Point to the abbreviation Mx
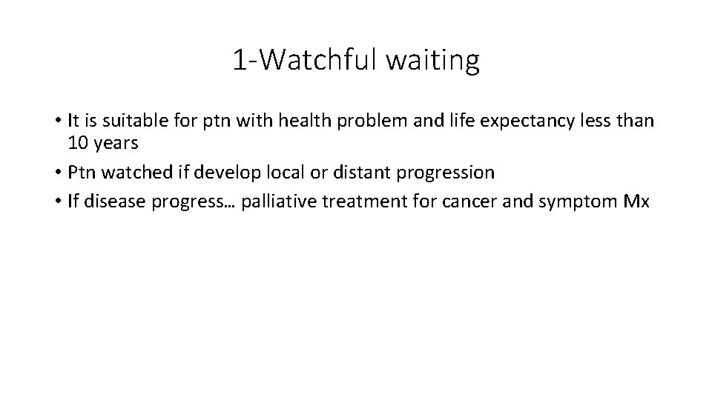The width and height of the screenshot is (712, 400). (x=636, y=202)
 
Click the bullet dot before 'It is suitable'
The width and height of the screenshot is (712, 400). (x=56, y=121)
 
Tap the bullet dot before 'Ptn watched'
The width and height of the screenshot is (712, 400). (x=56, y=173)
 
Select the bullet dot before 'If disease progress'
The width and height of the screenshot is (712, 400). (x=56, y=203)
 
